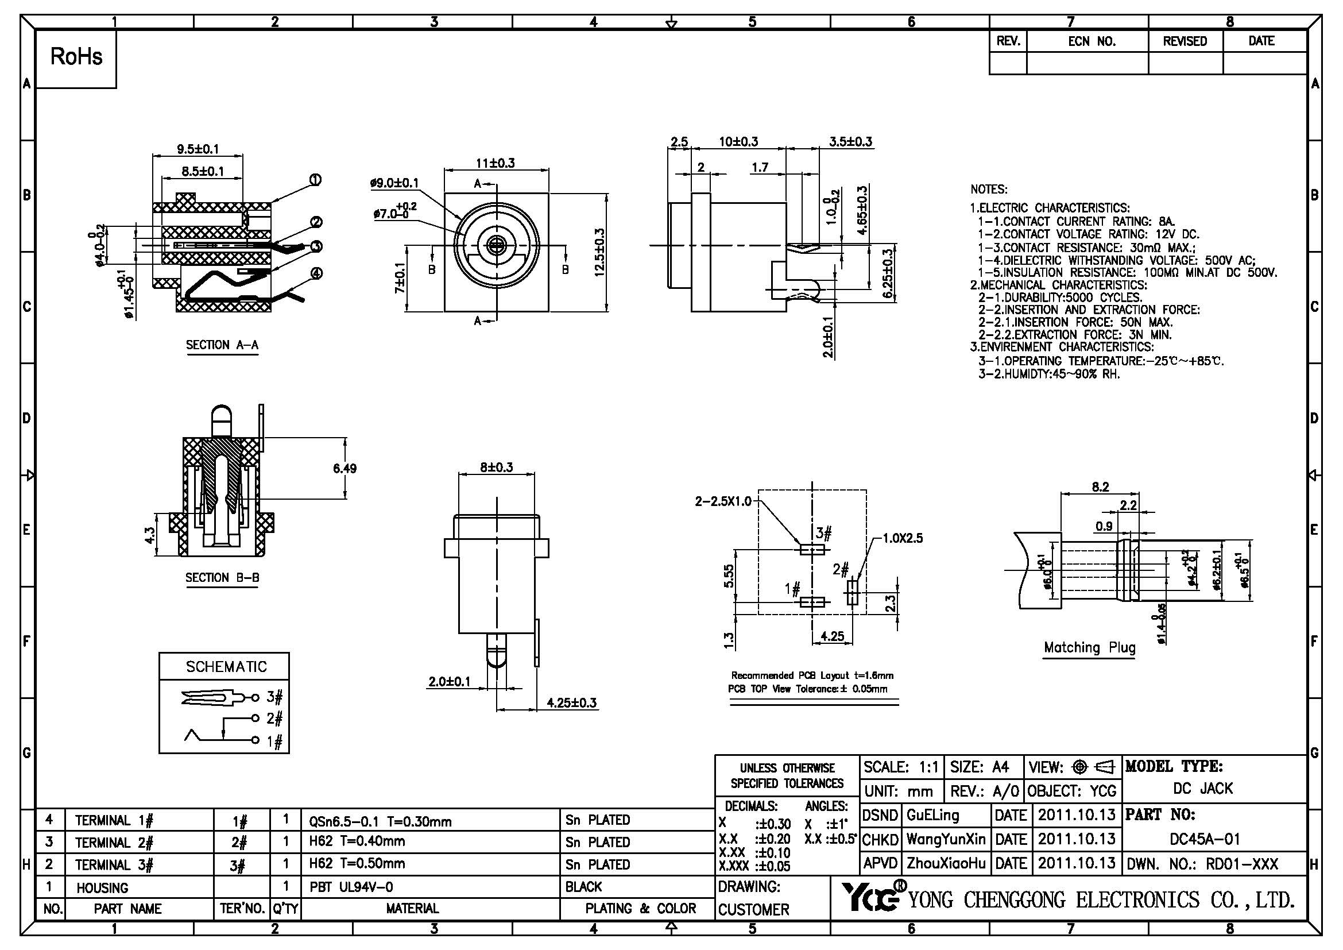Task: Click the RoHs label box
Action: pyautogui.click(x=76, y=57)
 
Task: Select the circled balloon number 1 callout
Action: pyautogui.click(x=315, y=180)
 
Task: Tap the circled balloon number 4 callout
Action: pyautogui.click(x=316, y=273)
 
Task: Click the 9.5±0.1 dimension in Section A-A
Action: pyautogui.click(x=198, y=149)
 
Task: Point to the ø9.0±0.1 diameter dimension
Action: pyautogui.click(x=394, y=183)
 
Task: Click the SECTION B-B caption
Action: pyautogui.click(x=222, y=578)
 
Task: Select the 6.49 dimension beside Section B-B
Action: pyautogui.click(x=345, y=468)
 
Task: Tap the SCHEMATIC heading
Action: pyautogui.click(x=226, y=667)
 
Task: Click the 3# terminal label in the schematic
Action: pyautogui.click(x=275, y=697)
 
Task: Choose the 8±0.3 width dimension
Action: pyautogui.click(x=496, y=468)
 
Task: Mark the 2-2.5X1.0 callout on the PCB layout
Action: pyautogui.click(x=723, y=501)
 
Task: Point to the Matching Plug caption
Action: pyautogui.click(x=1090, y=647)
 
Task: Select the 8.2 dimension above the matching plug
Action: pyautogui.click(x=1100, y=487)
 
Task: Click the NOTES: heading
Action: pyautogui.click(x=989, y=190)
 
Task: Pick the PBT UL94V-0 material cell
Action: pyautogui.click(x=351, y=887)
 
